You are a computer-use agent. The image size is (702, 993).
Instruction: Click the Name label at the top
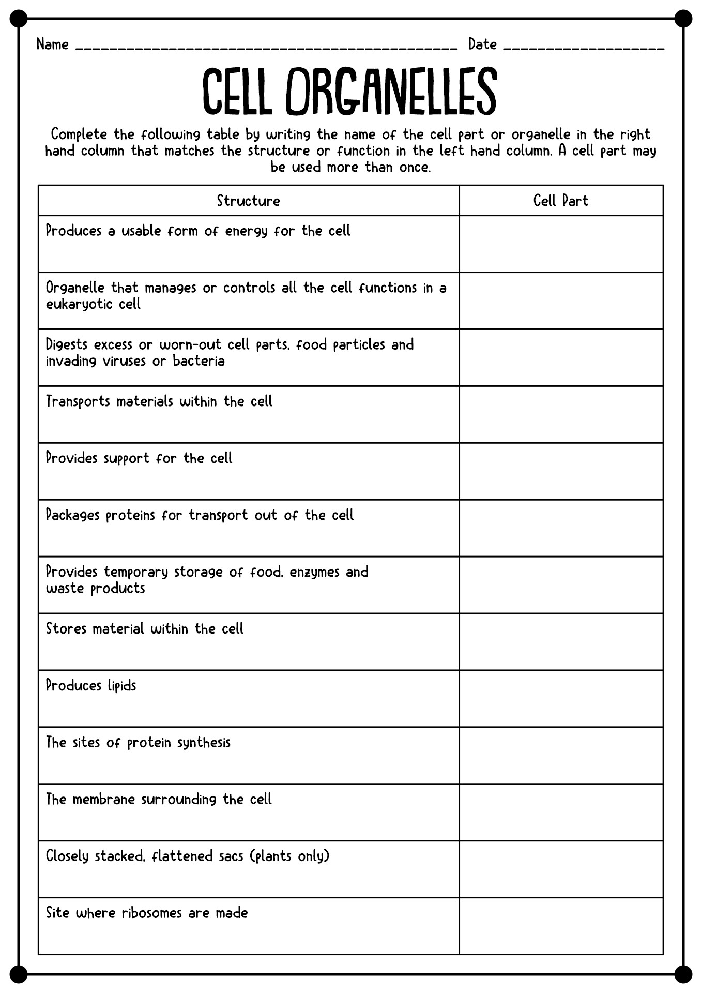52,44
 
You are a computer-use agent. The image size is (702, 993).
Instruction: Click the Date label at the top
482,44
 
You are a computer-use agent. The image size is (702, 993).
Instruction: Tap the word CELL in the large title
237,92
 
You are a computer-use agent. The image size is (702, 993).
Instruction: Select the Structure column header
248,201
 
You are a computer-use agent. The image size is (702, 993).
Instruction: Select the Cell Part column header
561,201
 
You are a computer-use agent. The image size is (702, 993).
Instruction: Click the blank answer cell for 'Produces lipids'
561,699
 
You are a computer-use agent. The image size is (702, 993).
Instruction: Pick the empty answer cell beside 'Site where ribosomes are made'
561,926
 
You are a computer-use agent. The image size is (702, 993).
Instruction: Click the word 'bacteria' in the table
199,361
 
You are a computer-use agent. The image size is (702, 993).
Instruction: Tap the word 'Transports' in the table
78,402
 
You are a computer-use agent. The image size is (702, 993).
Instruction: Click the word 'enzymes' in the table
314,573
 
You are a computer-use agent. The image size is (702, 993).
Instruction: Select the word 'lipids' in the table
122,686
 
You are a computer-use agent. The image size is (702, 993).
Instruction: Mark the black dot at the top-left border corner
18,19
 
